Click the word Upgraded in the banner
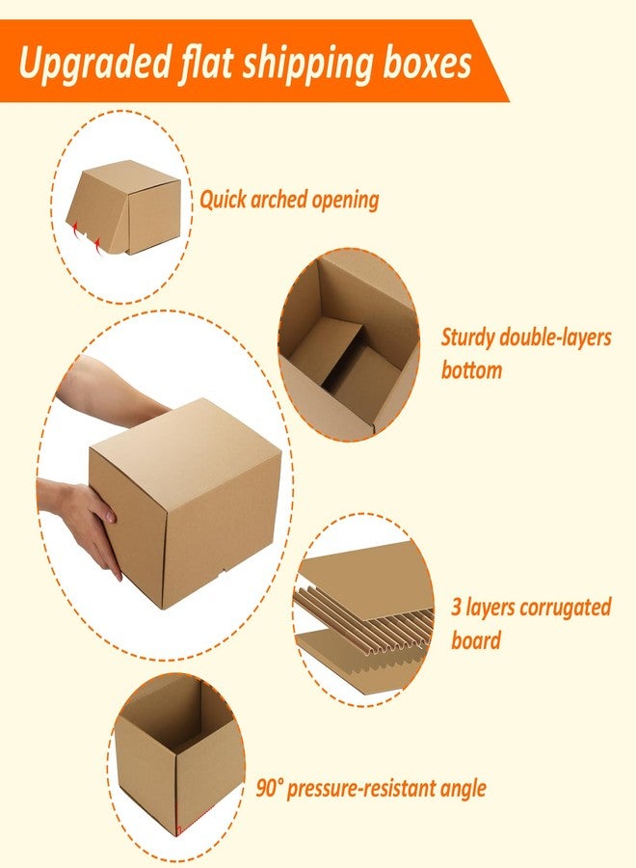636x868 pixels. click(94, 64)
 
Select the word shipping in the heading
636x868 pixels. click(307, 64)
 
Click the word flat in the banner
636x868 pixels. click(206, 62)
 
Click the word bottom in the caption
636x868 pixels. click(472, 369)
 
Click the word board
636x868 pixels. click(476, 640)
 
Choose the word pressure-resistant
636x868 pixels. click(361, 788)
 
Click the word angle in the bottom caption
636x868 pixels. click(463, 789)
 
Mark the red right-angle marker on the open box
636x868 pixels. click(178, 830)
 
